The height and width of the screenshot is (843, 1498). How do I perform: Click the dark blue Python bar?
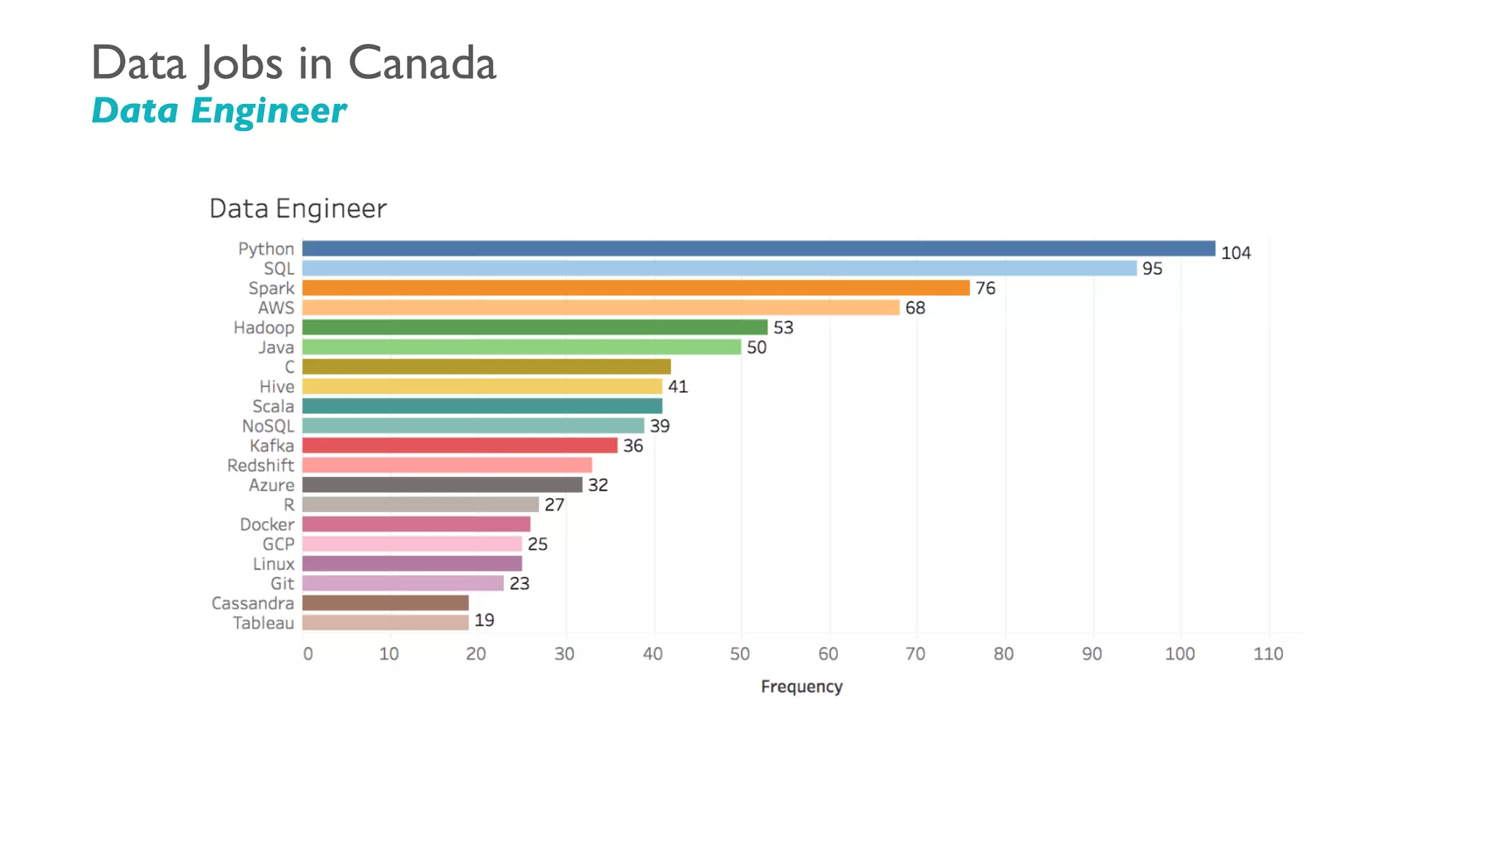click(758, 249)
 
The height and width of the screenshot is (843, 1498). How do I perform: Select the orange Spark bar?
click(636, 288)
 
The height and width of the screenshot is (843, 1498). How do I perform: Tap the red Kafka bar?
click(459, 446)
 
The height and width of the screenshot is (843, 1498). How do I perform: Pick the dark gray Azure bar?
click(442, 485)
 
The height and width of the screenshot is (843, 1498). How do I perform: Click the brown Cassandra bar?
click(385, 603)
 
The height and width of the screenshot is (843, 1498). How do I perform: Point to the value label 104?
click(1235, 253)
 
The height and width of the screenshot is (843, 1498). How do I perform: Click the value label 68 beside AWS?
click(915, 308)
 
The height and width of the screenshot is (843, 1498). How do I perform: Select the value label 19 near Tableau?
click(484, 621)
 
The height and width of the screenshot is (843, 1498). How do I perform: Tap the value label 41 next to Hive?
click(677, 386)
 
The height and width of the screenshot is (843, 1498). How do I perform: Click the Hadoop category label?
click(263, 328)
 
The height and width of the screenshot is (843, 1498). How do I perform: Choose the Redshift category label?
click(260, 465)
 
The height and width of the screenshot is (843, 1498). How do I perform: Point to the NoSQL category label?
click(268, 426)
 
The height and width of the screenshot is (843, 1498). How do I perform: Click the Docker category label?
click(267, 525)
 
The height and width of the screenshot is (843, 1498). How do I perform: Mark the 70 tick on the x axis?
click(916, 654)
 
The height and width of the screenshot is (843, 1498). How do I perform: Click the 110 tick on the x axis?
click(1268, 654)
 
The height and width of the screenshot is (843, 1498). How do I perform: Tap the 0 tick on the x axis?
click(308, 654)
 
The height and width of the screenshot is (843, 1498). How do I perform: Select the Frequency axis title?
click(802, 686)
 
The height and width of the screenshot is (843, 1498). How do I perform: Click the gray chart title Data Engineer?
click(298, 209)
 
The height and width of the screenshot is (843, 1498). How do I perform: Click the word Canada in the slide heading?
click(422, 63)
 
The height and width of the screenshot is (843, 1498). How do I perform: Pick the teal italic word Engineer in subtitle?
click(268, 111)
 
